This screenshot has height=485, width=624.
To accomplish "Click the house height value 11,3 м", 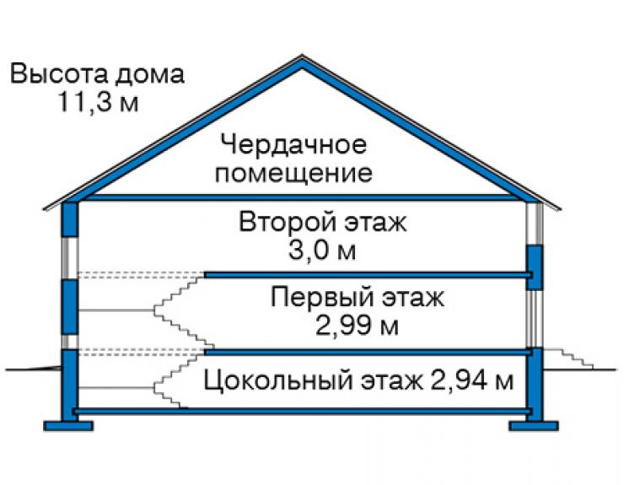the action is [x=98, y=102].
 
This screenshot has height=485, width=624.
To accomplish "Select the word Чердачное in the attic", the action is [x=293, y=144].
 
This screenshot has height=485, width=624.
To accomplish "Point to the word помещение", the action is [x=293, y=174].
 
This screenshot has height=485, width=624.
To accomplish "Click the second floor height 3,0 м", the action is [x=322, y=251].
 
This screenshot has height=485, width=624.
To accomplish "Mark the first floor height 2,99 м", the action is [x=357, y=326].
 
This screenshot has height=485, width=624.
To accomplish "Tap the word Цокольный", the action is [x=278, y=380].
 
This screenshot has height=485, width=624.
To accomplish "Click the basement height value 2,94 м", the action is [x=472, y=380].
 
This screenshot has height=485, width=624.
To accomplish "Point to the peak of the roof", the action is [x=302, y=56].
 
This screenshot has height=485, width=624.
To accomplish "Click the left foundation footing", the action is [x=68, y=426].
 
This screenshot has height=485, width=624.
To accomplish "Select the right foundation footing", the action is [x=533, y=426].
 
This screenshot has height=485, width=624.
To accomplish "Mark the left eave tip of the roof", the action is [x=44, y=208].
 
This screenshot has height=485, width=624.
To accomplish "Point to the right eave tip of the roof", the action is [x=560, y=208].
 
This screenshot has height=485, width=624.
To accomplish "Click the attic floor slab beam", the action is [x=299, y=197].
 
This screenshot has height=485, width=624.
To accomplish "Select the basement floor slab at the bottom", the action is [x=303, y=411].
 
